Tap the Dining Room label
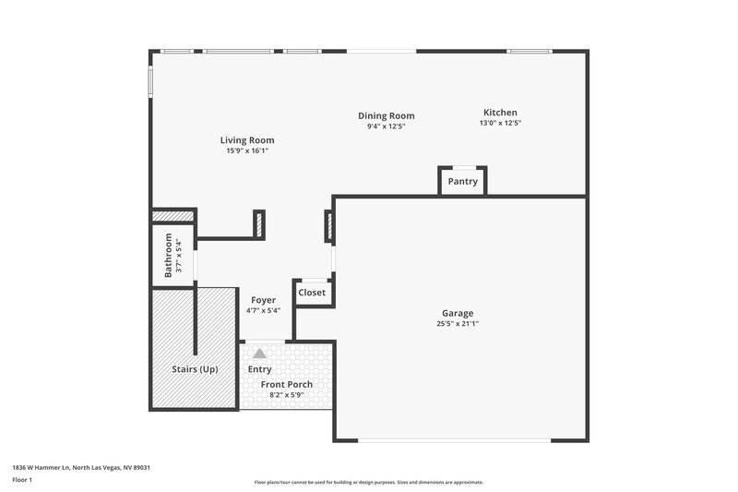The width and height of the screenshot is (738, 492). click(x=386, y=115)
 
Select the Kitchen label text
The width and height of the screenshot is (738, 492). click(x=500, y=113)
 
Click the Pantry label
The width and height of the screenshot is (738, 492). click(x=462, y=182)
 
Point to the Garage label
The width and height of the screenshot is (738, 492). click(x=458, y=313)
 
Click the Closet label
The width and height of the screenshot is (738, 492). click(x=312, y=293)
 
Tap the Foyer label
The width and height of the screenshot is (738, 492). click(x=263, y=300)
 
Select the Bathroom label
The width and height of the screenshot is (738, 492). click(x=169, y=255)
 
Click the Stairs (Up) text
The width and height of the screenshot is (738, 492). click(x=195, y=369)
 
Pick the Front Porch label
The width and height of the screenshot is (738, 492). click(x=286, y=384)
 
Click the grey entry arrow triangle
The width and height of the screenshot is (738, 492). click(x=260, y=353)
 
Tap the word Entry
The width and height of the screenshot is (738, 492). click(x=259, y=370)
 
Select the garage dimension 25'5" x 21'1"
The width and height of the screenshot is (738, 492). click(x=458, y=324)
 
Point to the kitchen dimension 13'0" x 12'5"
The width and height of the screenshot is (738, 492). click(x=500, y=124)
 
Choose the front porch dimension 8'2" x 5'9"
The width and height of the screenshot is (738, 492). click(x=286, y=395)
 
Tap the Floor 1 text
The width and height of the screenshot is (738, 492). click(x=22, y=480)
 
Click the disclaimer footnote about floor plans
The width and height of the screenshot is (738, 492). click(x=368, y=482)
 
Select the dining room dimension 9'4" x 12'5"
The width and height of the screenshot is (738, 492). click(x=386, y=126)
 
